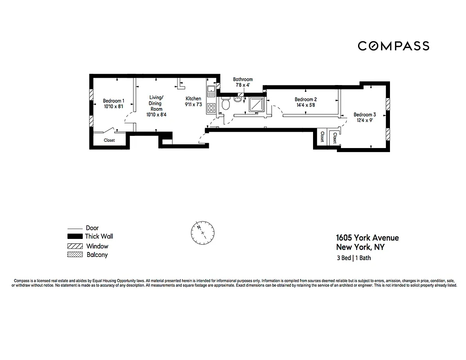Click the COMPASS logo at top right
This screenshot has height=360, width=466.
tap(393, 46)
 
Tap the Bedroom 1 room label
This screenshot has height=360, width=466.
tap(113, 101)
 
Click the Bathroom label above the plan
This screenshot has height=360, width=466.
tap(242, 79)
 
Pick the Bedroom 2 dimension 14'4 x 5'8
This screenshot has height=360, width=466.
tap(306, 105)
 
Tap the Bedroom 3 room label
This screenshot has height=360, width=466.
tap(364, 114)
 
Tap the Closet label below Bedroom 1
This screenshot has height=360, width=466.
tap(109, 140)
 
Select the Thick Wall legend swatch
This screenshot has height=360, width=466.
tap(74, 237)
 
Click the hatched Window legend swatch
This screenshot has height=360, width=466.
tap(74, 246)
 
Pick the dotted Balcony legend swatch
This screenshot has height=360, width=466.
tap(74, 255)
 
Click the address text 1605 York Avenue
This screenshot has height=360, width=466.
tap(367, 238)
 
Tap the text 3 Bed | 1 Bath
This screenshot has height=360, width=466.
tap(354, 258)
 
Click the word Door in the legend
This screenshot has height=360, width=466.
tap(92, 228)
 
